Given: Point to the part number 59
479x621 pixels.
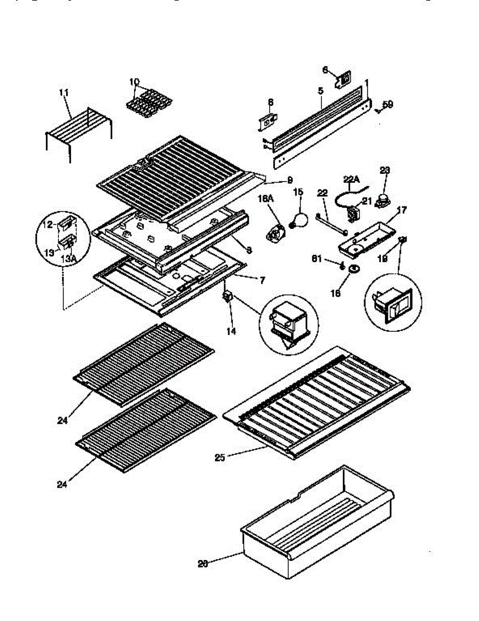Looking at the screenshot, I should (x=387, y=104).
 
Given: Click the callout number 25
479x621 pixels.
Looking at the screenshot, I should (x=220, y=457).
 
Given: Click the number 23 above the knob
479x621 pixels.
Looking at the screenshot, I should (x=384, y=170).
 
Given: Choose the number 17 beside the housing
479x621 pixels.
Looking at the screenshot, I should (x=401, y=210).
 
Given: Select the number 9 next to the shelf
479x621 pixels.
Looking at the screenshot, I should (x=290, y=180).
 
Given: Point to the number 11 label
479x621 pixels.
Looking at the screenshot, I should (x=64, y=92).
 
